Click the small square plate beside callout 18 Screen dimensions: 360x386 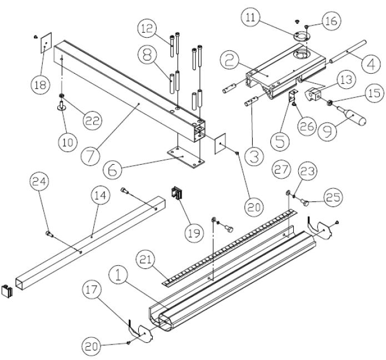click(45, 43)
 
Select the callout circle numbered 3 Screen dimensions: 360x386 click(254, 157)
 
